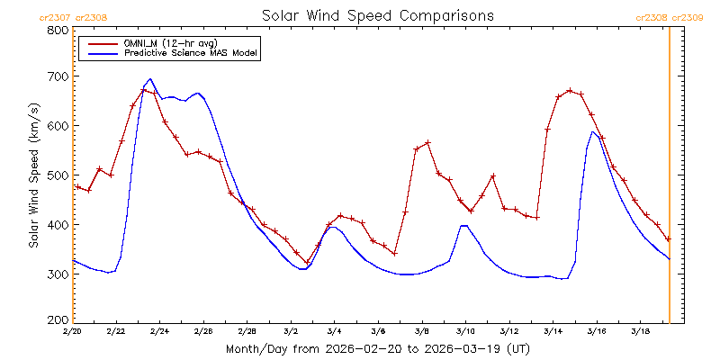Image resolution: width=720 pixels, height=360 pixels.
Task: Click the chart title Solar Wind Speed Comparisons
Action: click(377, 15)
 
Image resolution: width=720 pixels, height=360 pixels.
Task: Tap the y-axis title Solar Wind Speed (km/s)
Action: click(33, 175)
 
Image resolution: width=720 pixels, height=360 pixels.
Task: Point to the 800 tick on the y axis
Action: click(58, 31)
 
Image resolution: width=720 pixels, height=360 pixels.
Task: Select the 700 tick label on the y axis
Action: click(58, 77)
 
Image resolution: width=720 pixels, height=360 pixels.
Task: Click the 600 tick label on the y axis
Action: click(58, 126)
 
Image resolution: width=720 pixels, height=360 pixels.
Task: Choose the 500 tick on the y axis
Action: click(58, 175)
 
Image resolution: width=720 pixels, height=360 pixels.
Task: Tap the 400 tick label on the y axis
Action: click(58, 224)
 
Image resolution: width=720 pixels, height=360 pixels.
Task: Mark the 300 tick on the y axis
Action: click(58, 273)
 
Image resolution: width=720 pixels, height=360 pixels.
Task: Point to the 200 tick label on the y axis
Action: click(58, 319)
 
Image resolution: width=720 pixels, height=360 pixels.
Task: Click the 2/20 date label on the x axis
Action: click(72, 331)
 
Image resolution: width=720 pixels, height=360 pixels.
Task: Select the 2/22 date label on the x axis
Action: click(116, 331)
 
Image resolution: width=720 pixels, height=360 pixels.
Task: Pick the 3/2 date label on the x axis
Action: click(291, 331)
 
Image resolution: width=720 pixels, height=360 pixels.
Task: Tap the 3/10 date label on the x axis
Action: click(465, 331)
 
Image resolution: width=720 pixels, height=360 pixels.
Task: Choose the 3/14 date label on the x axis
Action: click(553, 331)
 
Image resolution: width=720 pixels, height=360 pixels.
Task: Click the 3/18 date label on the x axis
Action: click(640, 331)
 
